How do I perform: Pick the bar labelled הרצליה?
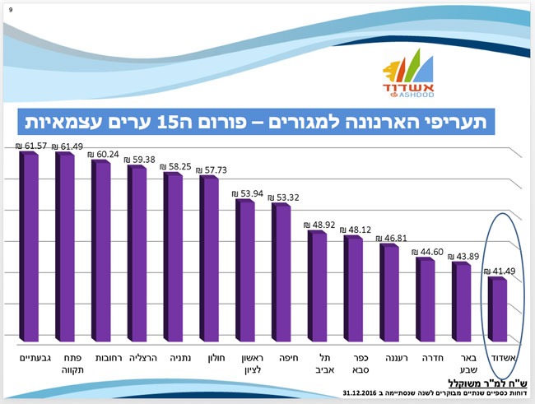coord(137,252)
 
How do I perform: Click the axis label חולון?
coord(210,359)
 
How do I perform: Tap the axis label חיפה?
coord(281,359)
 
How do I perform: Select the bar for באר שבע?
coord(462,300)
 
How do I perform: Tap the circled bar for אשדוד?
coord(498,309)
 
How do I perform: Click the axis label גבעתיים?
coord(30,359)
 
